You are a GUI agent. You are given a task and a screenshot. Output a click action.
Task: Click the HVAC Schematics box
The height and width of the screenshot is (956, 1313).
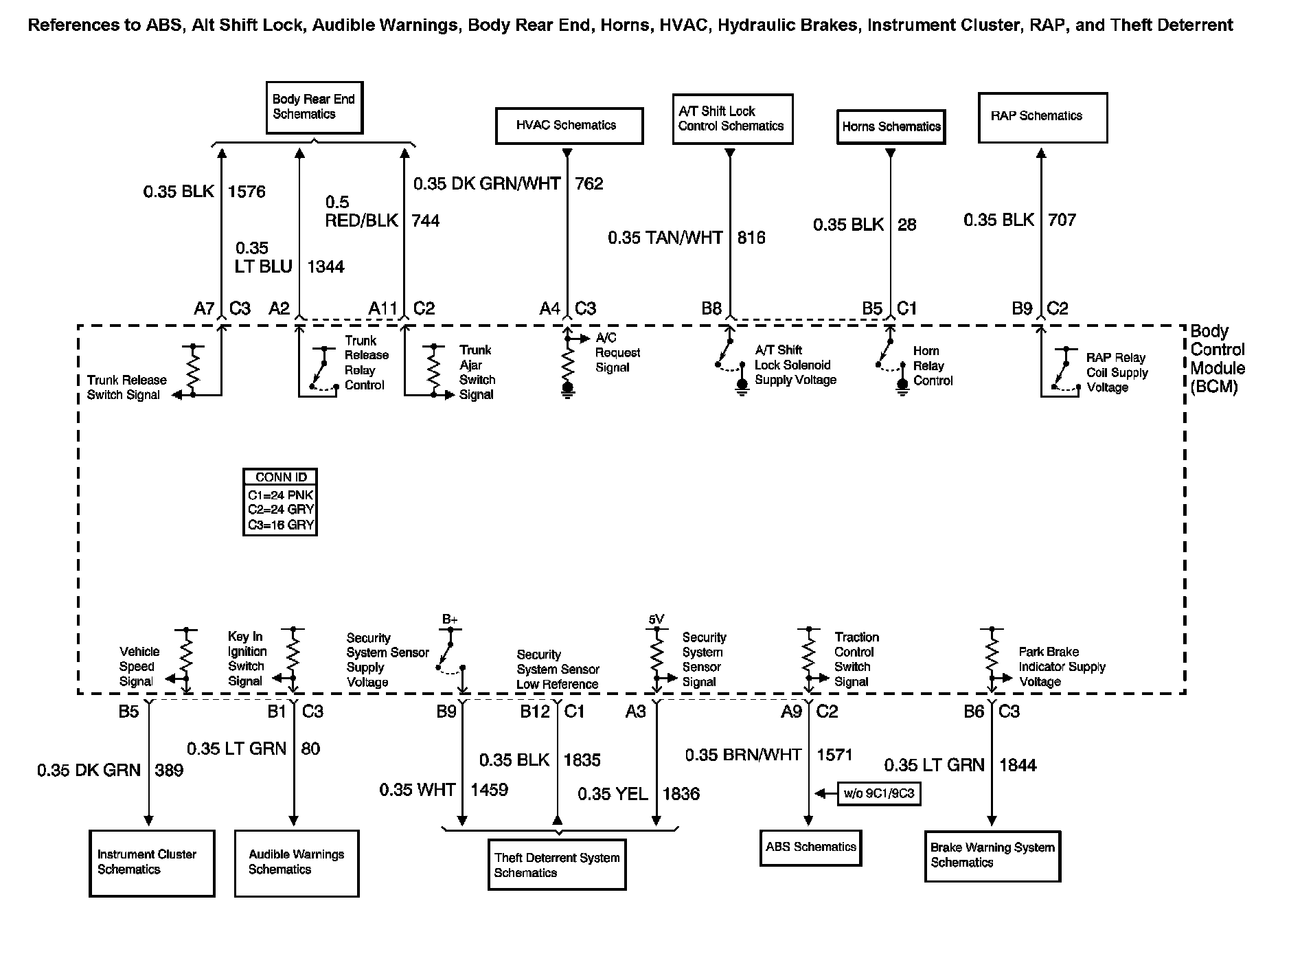(569, 126)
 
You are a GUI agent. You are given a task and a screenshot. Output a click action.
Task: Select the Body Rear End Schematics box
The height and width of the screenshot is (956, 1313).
(314, 108)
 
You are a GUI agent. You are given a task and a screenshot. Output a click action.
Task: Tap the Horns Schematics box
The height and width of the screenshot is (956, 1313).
(891, 127)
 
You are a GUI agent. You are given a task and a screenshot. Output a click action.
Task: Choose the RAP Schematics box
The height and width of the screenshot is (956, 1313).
(1042, 117)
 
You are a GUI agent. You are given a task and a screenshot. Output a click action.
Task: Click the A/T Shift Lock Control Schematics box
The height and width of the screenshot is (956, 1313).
(732, 119)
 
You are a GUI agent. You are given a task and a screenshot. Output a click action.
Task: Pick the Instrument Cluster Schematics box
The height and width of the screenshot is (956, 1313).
(152, 863)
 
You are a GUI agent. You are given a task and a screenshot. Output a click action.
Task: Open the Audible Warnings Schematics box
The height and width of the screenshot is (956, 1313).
(297, 863)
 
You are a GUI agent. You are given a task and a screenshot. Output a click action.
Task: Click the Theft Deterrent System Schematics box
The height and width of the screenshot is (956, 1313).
(557, 865)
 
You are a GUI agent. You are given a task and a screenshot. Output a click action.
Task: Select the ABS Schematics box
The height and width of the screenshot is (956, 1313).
(810, 847)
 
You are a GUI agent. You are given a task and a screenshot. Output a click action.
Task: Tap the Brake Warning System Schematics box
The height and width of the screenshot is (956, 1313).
(992, 856)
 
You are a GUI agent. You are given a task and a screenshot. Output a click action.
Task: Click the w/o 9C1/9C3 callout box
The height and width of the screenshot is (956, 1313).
(879, 794)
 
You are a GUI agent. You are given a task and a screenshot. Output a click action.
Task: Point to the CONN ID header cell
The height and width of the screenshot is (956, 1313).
(281, 477)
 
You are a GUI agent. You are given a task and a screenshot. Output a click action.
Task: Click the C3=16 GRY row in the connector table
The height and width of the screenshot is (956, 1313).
(281, 525)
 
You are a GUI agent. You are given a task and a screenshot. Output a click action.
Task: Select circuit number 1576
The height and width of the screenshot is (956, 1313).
(247, 192)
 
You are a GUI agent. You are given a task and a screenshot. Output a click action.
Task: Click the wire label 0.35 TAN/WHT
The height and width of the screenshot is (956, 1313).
(665, 238)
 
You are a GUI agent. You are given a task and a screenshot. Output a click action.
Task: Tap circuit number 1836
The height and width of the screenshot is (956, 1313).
(681, 795)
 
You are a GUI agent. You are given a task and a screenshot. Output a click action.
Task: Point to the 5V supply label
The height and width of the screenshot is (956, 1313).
(656, 619)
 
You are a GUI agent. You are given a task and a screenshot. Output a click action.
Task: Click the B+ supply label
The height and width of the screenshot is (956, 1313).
(450, 619)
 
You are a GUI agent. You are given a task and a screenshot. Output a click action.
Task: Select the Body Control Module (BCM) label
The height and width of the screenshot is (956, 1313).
(1218, 359)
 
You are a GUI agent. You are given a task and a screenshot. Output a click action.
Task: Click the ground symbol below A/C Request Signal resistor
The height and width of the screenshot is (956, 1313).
(568, 392)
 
